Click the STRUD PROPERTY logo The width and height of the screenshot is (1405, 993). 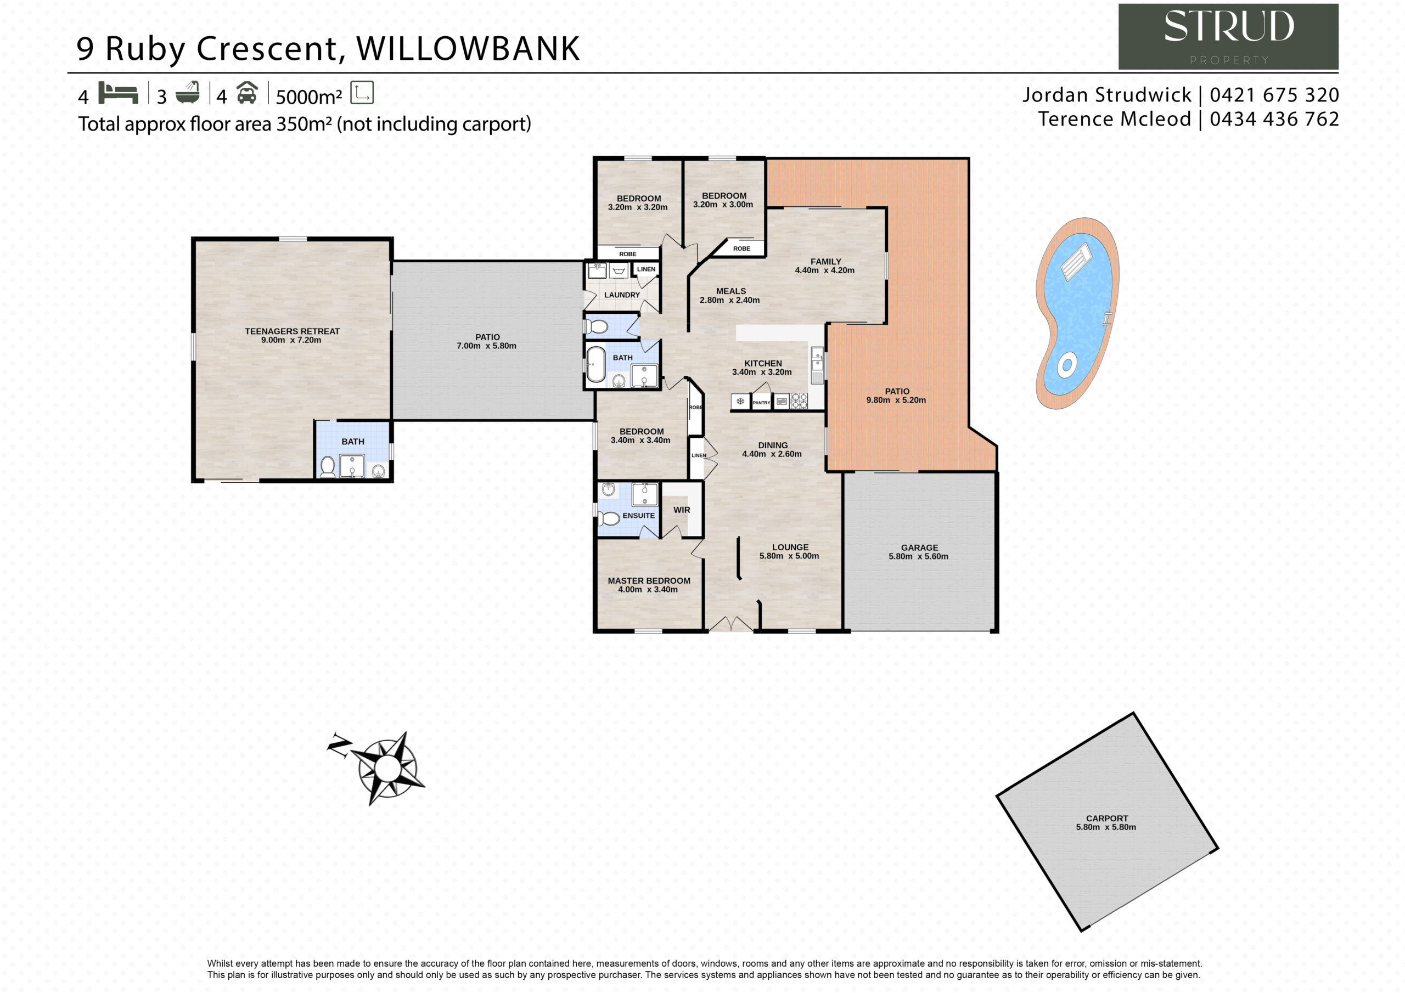pos(1228,37)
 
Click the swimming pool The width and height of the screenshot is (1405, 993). pos(1076,313)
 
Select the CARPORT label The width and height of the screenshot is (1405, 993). pos(1106,818)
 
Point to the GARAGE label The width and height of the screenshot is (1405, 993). pos(919,548)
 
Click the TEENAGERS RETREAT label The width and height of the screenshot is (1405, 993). pos(292,331)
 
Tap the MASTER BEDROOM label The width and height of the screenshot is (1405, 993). pos(649,580)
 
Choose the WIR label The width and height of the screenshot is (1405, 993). pos(682,510)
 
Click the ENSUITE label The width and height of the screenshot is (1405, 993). pos(638,515)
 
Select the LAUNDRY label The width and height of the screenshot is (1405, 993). pos(622,295)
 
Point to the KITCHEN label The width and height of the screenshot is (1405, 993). pos(762,363)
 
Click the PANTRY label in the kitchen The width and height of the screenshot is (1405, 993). pos(761,403)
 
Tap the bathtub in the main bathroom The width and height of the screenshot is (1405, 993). pos(595,365)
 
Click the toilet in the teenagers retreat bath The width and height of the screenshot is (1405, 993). pos(328,467)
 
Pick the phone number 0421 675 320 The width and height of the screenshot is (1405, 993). pos(1274,95)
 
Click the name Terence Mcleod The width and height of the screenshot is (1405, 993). pos(1114,119)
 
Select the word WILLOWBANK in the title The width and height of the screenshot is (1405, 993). pos(468,48)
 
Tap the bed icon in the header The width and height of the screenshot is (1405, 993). pos(118,93)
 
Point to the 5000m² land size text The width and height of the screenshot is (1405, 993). pos(308,97)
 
